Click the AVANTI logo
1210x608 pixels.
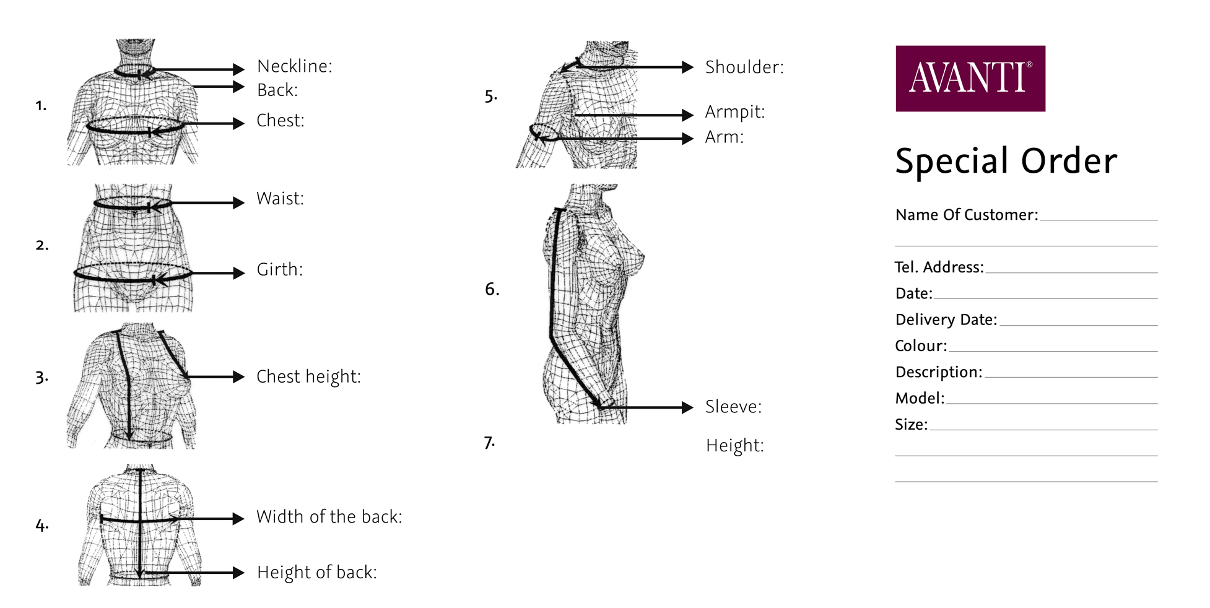tap(970, 78)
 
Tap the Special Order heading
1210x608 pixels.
tap(1006, 162)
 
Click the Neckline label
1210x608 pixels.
tap(295, 66)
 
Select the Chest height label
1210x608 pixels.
tap(308, 377)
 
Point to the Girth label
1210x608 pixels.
tap(280, 269)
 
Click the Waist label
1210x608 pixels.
tap(281, 199)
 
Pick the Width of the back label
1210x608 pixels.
tap(329, 517)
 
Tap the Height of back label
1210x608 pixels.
tap(317, 572)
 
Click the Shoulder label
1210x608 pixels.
tap(744, 67)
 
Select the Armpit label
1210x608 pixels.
tap(735, 112)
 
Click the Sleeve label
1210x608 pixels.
tap(733, 407)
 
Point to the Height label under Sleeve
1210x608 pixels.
tap(735, 446)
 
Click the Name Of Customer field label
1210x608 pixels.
tap(967, 215)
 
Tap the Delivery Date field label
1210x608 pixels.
tap(946, 319)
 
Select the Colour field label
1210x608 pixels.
tap(921, 345)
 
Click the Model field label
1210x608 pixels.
tap(920, 398)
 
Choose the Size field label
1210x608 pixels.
tap(912, 425)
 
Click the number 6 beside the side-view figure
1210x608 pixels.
tap(492, 289)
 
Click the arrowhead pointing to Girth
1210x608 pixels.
tap(239, 273)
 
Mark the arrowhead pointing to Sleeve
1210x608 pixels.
tap(687, 407)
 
